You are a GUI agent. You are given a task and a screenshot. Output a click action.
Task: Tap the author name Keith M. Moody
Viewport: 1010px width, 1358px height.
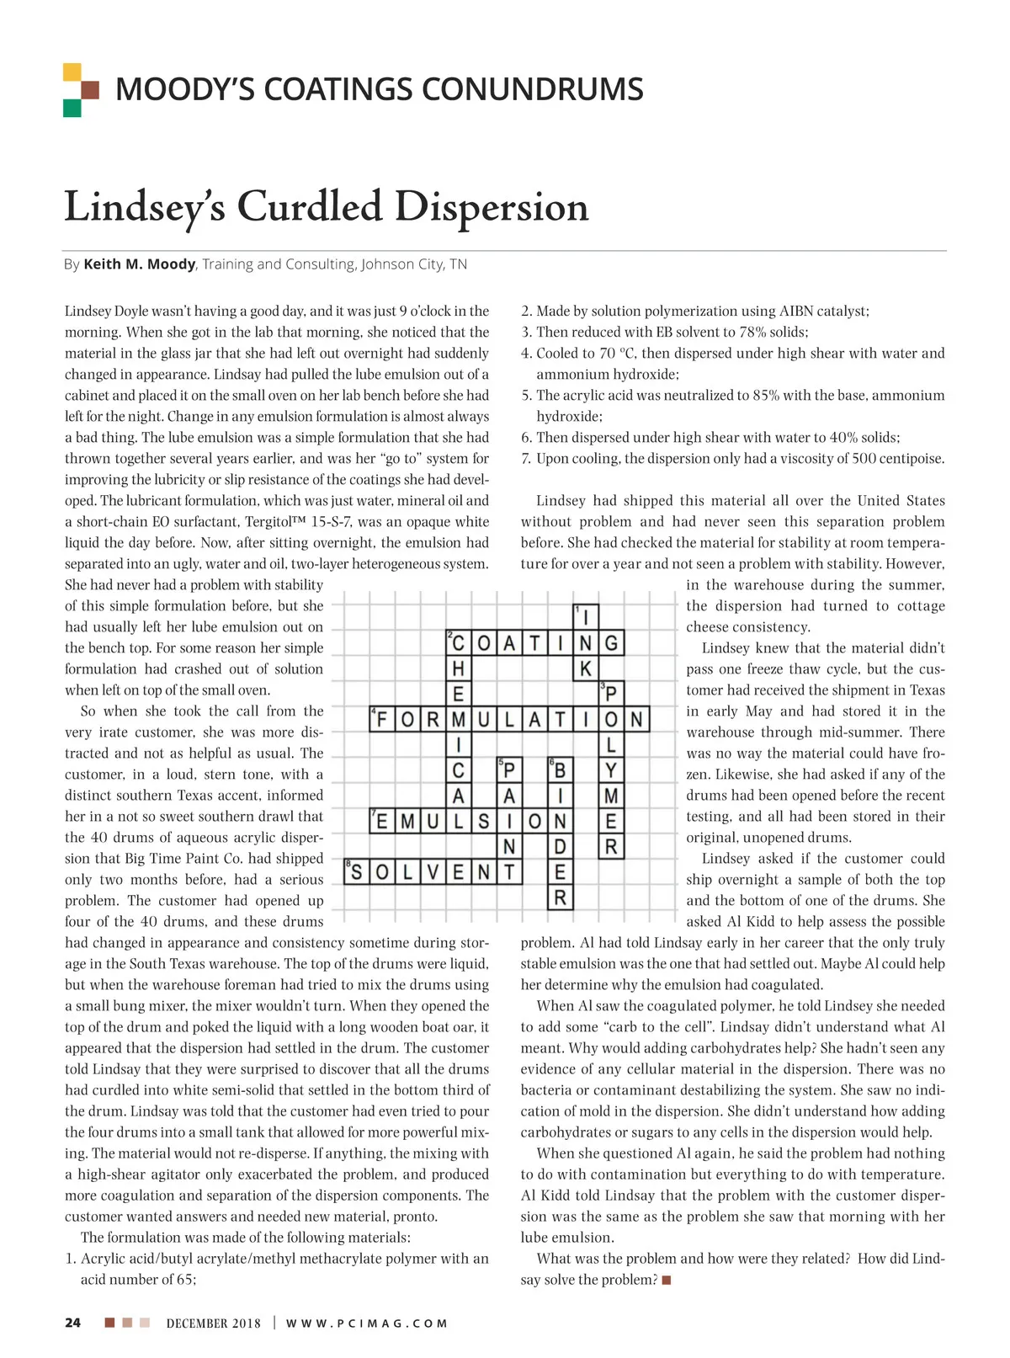pos(140,264)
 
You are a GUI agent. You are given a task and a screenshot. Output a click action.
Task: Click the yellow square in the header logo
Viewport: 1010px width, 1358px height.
pos(72,72)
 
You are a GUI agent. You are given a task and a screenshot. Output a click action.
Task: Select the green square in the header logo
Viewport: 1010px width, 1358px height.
pos(72,108)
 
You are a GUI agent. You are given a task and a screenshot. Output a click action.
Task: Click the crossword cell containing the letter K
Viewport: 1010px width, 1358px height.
pos(586,669)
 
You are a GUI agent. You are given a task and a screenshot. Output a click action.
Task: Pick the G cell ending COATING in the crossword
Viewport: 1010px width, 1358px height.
pos(611,644)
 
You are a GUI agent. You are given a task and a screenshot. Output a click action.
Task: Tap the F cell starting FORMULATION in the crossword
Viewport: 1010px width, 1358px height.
pos(383,720)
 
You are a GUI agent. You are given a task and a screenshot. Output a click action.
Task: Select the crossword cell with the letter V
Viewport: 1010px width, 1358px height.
pos(433,872)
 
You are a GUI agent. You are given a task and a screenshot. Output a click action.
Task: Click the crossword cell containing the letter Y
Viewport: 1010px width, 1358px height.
pos(611,770)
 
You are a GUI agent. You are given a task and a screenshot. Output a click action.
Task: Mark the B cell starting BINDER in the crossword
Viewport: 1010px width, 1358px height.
pos(561,770)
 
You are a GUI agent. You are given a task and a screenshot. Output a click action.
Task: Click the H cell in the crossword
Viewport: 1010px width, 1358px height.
pos(459,669)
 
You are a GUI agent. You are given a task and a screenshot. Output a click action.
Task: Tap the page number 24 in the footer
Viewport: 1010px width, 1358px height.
pos(73,1323)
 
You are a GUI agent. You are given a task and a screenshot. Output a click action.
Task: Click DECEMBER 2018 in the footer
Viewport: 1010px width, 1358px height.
pos(214,1323)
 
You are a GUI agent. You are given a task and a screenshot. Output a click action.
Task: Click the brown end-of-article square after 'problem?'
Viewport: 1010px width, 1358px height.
pos(667,1281)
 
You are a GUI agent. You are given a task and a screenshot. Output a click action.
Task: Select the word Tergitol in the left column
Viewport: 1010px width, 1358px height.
pos(273,522)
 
